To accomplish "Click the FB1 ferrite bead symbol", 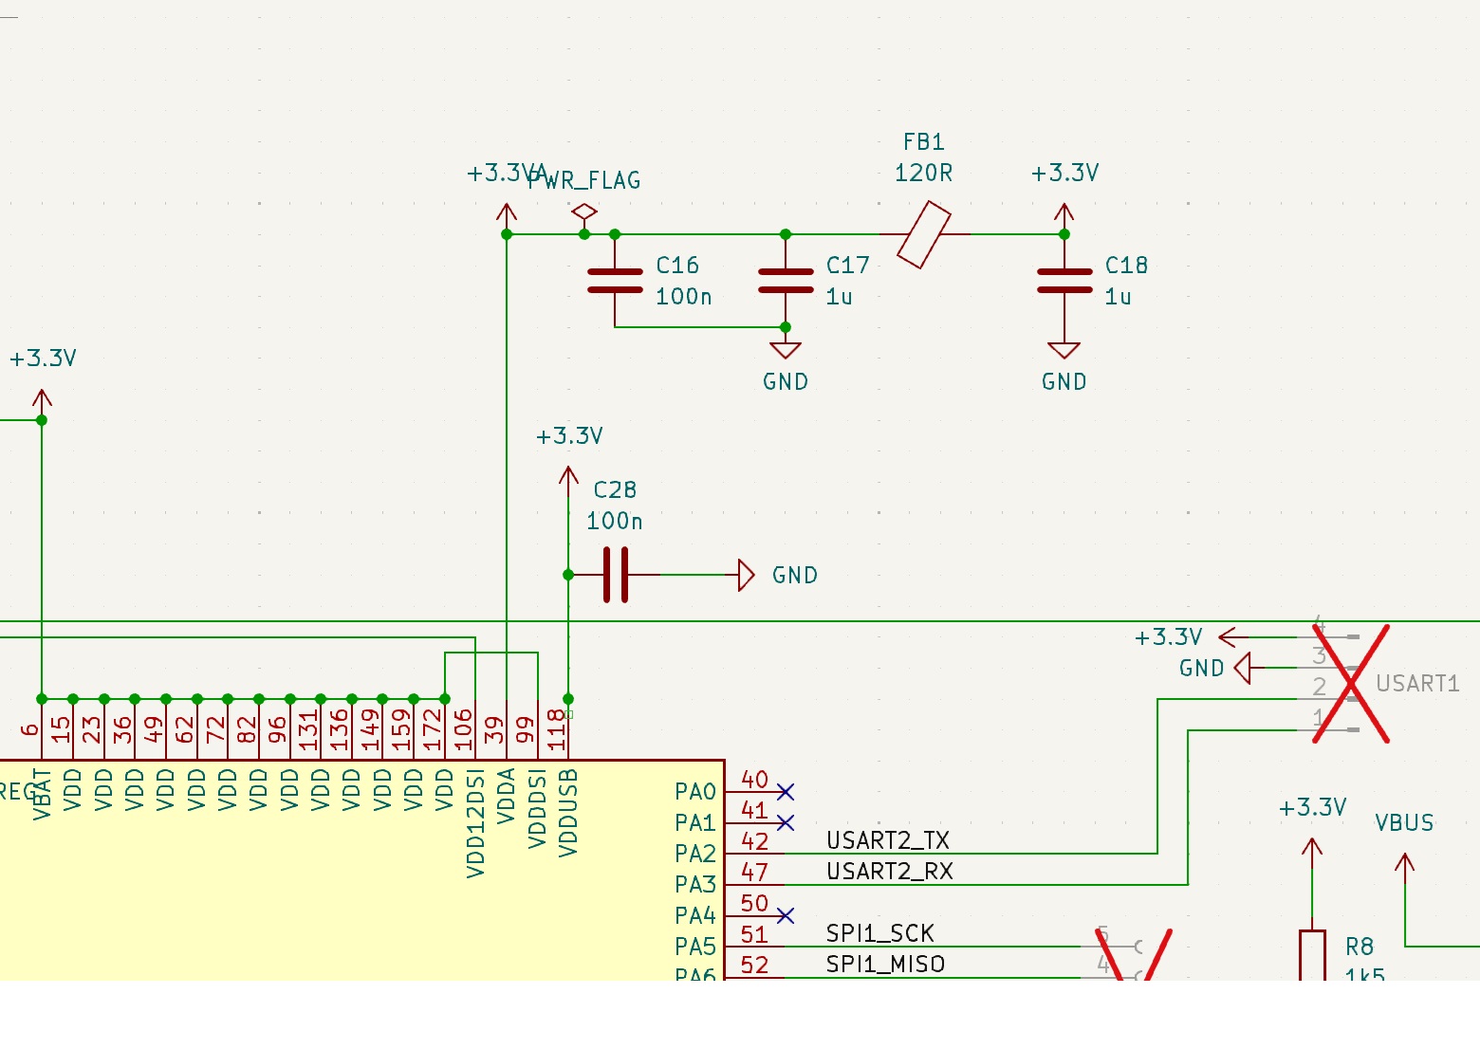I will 923,234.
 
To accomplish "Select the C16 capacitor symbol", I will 615,281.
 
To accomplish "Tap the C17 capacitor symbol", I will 786,281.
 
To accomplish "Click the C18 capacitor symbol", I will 1064,281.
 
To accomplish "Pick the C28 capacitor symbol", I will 616,575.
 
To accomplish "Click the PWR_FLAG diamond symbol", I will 584,212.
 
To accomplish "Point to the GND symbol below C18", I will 1064,351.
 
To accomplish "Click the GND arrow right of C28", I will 746,575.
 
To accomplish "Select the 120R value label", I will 923,174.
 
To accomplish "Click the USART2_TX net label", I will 887,840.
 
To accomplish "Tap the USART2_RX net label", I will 889,872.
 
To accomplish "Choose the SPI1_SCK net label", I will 879,933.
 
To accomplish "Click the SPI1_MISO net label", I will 884,965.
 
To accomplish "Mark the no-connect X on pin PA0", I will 785,792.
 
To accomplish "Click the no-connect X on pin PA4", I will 785,915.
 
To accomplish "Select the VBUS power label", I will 1404,823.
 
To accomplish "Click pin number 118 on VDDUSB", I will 557,730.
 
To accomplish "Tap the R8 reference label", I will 1359,947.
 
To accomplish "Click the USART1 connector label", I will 1416,684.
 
